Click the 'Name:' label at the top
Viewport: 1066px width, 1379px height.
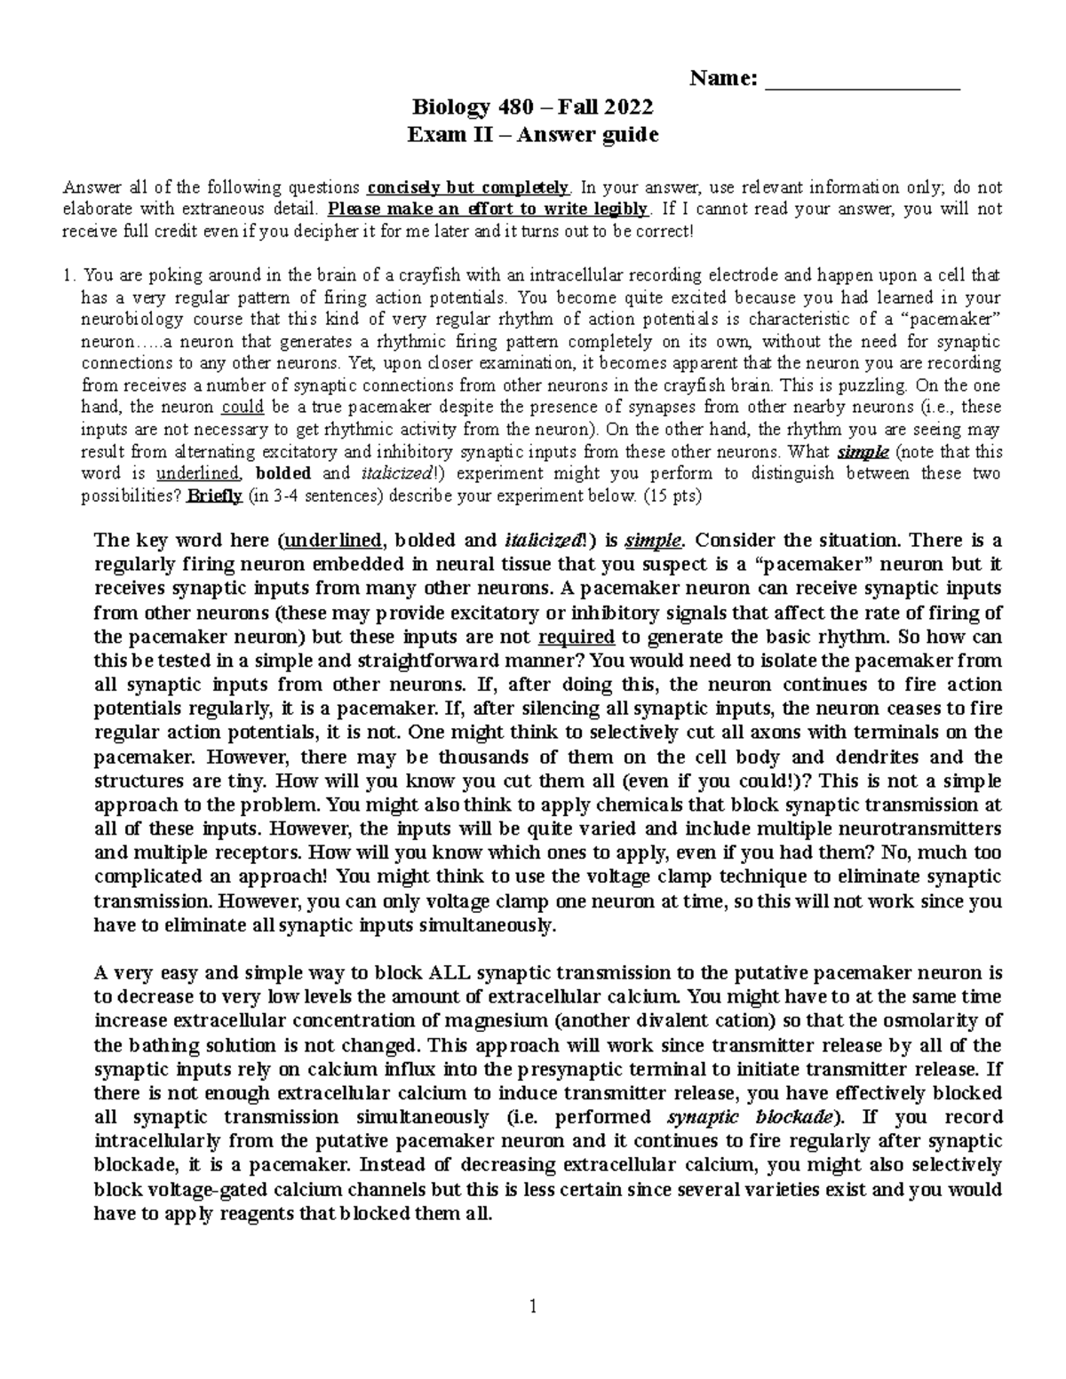click(724, 79)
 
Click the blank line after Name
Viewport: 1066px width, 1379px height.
click(863, 81)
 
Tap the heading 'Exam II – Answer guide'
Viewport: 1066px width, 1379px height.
click(532, 135)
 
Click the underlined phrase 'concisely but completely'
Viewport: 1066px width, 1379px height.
click(468, 187)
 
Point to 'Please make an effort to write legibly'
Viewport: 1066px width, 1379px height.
click(489, 210)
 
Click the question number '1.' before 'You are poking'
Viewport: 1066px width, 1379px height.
click(69, 275)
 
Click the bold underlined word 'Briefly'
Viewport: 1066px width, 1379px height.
click(214, 495)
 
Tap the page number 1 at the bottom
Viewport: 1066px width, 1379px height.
click(533, 1306)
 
